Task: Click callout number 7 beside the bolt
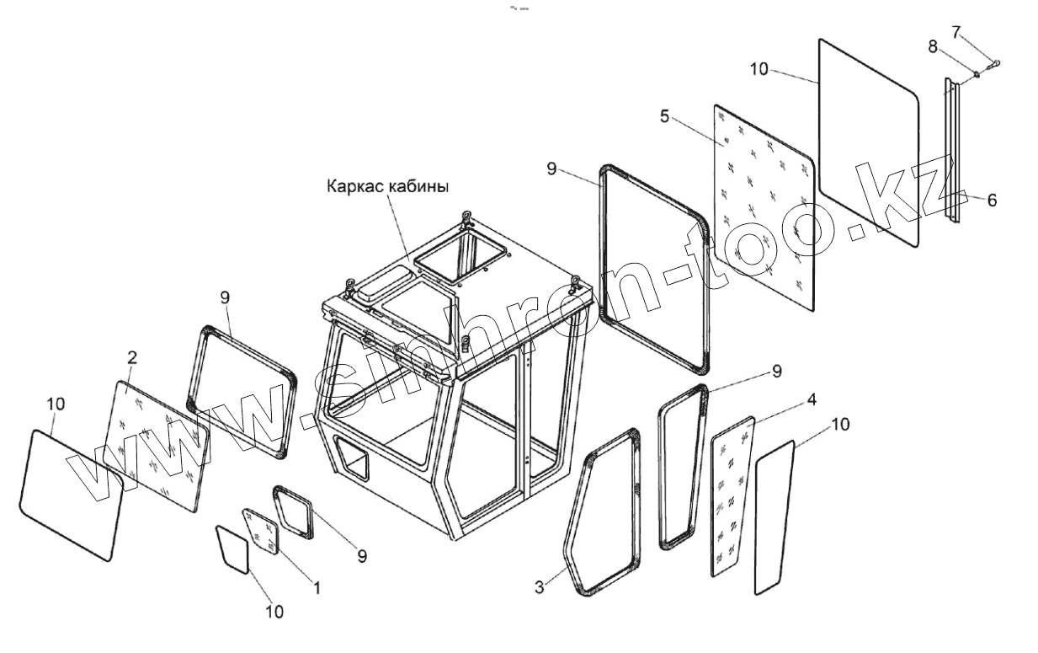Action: pyautogui.click(x=955, y=33)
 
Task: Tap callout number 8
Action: pyautogui.click(x=933, y=47)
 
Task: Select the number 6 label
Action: pyautogui.click(x=992, y=200)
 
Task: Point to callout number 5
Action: pyautogui.click(x=664, y=116)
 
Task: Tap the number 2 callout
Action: pyautogui.click(x=132, y=357)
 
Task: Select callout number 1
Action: pyautogui.click(x=317, y=587)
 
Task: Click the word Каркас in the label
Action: pyautogui.click(x=355, y=186)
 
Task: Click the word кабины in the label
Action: pyautogui.click(x=418, y=186)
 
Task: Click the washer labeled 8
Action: pyautogui.click(x=977, y=74)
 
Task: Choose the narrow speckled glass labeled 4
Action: pyautogui.click(x=731, y=497)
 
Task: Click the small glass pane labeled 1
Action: pyautogui.click(x=261, y=531)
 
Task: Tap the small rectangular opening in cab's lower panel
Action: pyautogui.click(x=352, y=461)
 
